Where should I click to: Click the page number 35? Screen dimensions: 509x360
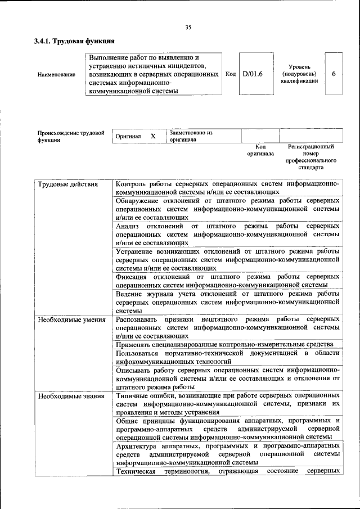pos(188,27)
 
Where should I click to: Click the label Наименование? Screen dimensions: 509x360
pos(56,75)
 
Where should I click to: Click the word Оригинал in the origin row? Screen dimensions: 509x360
pos(128,137)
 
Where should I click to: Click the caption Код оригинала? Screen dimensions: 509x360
pos(260,150)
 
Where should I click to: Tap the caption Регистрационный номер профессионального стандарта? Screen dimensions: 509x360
pos(310,157)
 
